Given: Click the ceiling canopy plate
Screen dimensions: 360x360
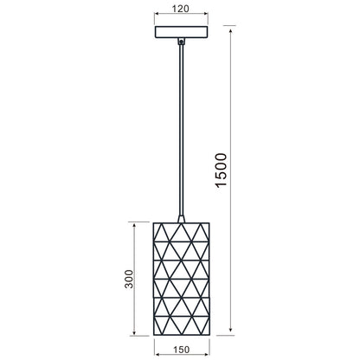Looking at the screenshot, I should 180,32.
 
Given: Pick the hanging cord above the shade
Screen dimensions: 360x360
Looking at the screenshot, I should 180,130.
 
